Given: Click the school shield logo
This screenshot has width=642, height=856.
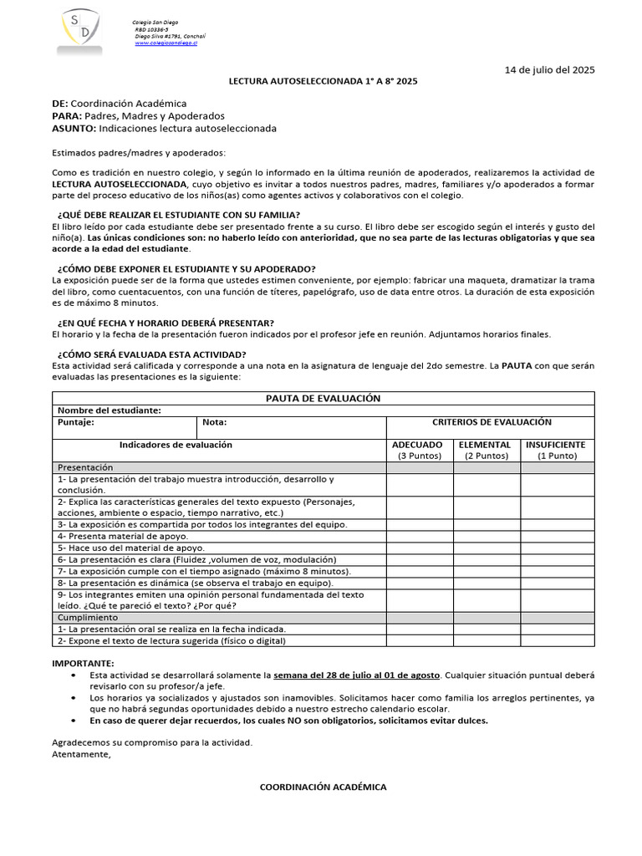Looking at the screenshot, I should point(81,31).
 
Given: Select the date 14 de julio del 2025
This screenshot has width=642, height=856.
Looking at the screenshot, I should point(550,70).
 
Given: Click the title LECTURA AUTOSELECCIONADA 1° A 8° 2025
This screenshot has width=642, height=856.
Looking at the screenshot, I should point(324,81).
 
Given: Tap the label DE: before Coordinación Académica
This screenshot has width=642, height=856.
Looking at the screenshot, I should point(60,103).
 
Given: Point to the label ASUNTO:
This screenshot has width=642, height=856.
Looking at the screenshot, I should point(74,129).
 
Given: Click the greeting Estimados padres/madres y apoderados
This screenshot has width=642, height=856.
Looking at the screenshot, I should point(138,153).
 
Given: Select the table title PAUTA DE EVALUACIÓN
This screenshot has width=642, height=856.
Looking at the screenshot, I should point(323,399).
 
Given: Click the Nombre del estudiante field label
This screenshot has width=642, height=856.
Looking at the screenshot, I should point(110,410).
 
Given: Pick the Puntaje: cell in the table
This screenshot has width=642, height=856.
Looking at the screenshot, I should point(76,422).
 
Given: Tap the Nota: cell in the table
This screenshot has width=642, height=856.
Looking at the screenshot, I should point(214,422).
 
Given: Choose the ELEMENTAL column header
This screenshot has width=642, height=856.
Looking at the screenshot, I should point(486,445).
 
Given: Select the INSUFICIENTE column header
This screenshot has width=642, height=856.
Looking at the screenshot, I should point(556,445).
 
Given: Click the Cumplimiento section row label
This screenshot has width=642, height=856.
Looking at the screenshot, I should point(88,616).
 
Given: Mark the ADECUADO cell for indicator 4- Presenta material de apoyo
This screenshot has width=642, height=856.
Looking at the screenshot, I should point(419,536).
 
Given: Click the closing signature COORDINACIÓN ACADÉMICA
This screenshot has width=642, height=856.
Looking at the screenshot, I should point(323,787).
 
